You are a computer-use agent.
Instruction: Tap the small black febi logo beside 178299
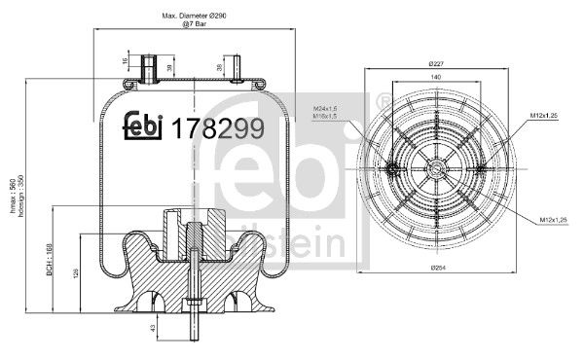(143, 126)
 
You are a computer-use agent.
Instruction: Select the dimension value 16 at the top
(126, 62)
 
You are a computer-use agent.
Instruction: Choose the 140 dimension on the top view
(436, 75)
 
